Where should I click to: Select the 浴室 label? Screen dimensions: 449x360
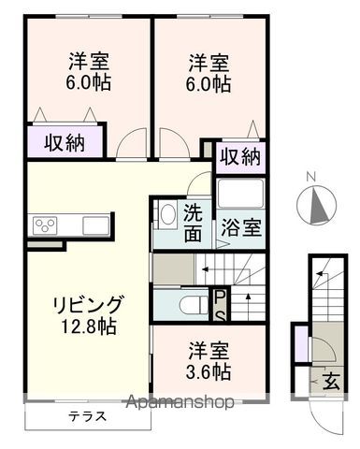point(241,225)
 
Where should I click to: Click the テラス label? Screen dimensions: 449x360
point(86,414)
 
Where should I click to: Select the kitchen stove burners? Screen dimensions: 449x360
point(46,224)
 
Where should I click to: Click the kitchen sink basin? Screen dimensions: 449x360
point(95,224)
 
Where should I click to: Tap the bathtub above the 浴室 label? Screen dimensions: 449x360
point(240,194)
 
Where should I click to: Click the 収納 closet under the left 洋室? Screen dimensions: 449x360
point(64,143)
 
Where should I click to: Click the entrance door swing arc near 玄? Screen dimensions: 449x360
point(322,352)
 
